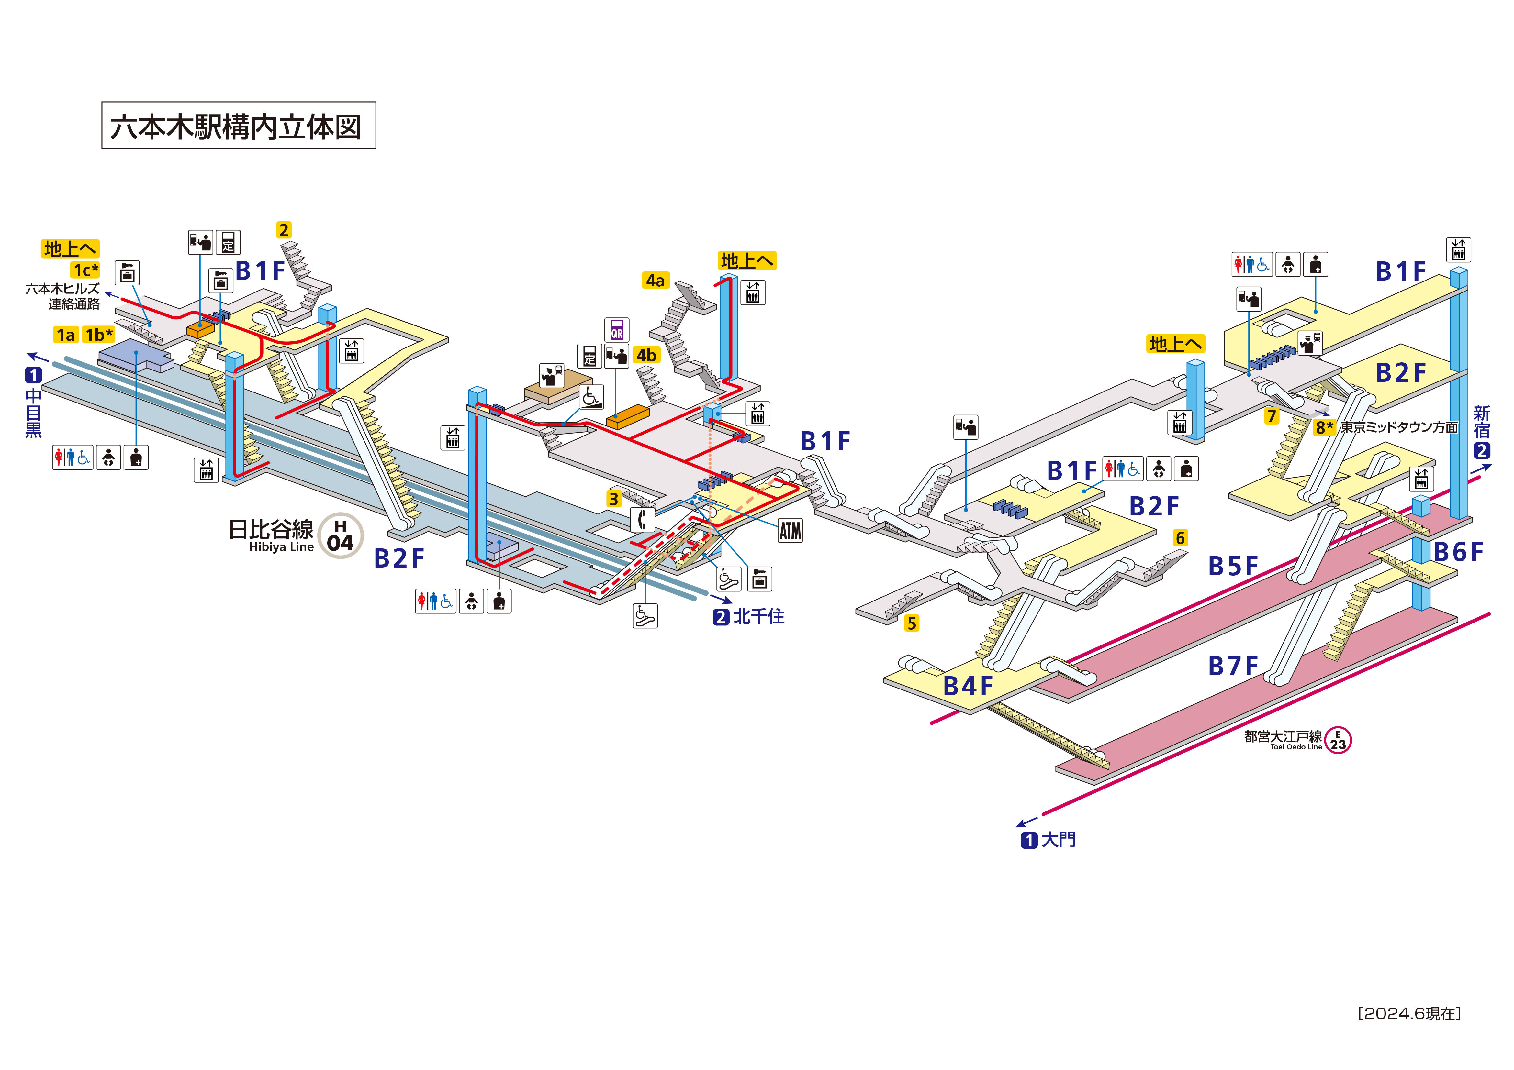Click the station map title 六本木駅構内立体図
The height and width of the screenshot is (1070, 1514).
[238, 126]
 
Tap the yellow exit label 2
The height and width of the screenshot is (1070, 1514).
[284, 230]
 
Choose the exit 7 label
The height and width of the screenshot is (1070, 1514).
[1271, 416]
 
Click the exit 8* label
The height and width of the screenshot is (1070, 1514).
[1324, 427]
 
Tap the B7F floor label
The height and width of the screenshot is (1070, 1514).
[1232, 667]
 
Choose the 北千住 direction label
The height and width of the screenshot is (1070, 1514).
[758, 616]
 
